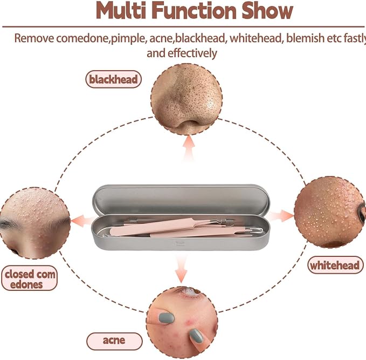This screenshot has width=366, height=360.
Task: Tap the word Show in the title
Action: (x=267, y=10)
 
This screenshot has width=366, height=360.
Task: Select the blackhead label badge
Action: (x=113, y=79)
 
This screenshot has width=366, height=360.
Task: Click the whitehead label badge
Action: (x=335, y=265)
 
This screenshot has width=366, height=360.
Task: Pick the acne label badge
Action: (x=114, y=341)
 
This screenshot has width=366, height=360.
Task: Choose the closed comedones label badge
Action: (x=29, y=278)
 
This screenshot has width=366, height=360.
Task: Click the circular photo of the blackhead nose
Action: (x=187, y=99)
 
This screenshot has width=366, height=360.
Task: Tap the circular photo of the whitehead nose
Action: (x=330, y=212)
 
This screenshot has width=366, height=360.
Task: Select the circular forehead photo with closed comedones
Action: (x=35, y=223)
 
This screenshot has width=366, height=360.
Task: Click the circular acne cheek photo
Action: (x=182, y=323)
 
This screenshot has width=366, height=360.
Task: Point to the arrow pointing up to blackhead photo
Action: (x=189, y=148)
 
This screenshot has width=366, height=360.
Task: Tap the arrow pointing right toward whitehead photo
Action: (x=281, y=215)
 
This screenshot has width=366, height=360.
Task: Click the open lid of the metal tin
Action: (x=181, y=199)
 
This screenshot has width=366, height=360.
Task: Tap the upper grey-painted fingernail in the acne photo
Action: (x=166, y=317)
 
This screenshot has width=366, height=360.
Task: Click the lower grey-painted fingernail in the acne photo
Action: (x=196, y=336)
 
